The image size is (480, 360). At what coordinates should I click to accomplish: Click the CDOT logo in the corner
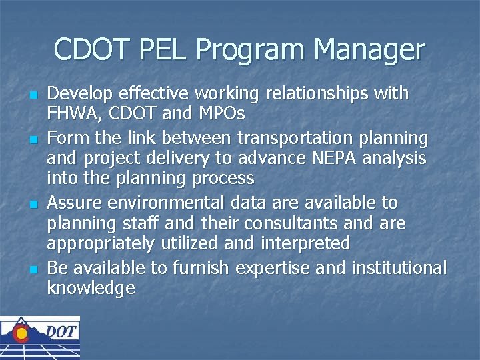(40, 337)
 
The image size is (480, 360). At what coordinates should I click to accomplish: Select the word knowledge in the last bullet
(91, 289)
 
